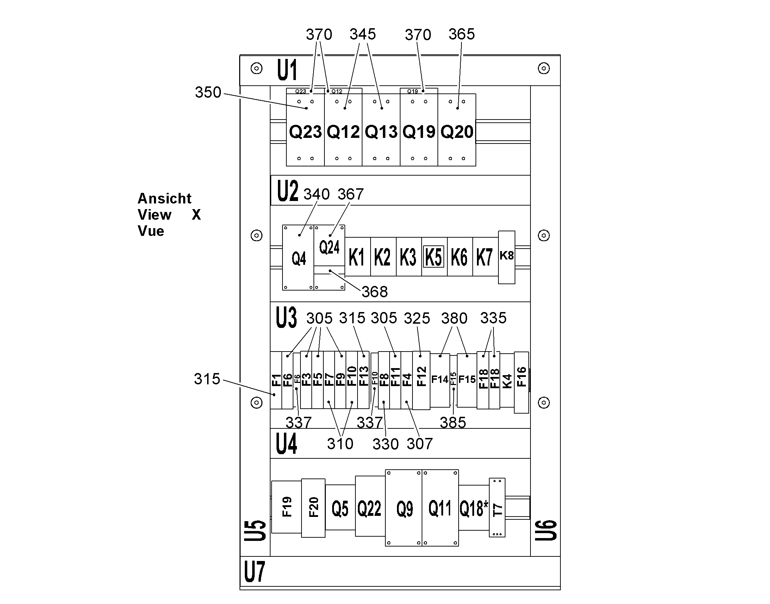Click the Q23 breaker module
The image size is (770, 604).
tap(305, 129)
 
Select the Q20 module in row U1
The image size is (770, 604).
tap(457, 129)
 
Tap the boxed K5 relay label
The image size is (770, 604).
tap(433, 257)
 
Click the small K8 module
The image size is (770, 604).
tap(507, 257)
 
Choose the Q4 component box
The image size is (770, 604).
tap(298, 257)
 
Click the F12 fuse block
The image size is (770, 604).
tap(421, 380)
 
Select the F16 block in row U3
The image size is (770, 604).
tap(521, 382)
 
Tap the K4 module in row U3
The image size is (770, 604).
tap(507, 380)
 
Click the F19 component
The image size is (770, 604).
tap(287, 507)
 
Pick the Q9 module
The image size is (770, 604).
tap(404, 508)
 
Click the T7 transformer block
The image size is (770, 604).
tap(497, 507)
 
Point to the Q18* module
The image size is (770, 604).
tap(474, 508)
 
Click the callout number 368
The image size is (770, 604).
tap(374, 292)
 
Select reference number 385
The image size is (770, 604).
tap(453, 422)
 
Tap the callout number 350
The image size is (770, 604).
tap(208, 92)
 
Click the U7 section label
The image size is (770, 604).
tap(254, 572)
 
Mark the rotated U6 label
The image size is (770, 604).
tap(546, 530)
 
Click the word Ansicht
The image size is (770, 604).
tap(164, 199)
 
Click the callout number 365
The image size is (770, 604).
tap(462, 34)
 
